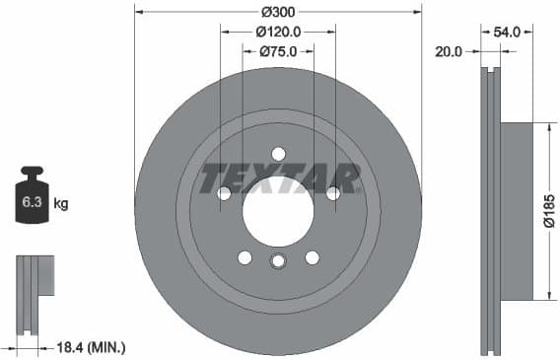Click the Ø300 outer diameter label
click(278, 13)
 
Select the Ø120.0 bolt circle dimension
click(278, 32)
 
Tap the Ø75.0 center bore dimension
click(278, 52)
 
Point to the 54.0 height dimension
click(507, 32)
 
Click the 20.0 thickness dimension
click(448, 52)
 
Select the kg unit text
click(61, 204)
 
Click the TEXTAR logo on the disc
click(279, 179)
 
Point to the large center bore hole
click(278, 211)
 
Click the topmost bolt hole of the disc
click(278, 154)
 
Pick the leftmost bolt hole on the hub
click(224, 193)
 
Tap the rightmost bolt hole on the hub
click(333, 193)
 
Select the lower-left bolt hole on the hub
click(245, 257)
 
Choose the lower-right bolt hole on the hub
click(312, 257)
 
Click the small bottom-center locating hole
click(278, 260)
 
